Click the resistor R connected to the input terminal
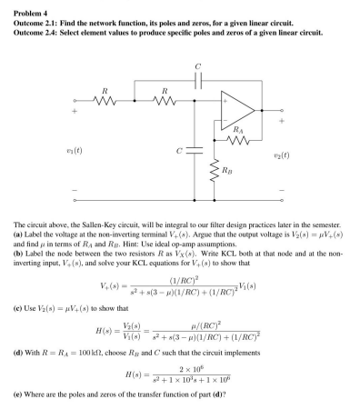click(x=106, y=100)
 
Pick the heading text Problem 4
click(x=23, y=6)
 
